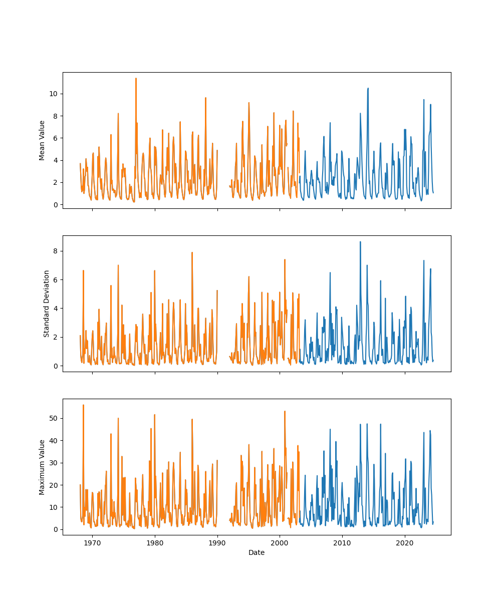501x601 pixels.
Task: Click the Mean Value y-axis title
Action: coord(42,140)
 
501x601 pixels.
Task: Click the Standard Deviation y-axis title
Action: coord(47,304)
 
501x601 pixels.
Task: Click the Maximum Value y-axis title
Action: coord(42,467)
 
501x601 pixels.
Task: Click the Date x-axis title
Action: coord(257,552)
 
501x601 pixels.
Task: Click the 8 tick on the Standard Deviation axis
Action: coord(56,250)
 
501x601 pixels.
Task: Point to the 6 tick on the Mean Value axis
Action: coord(56,138)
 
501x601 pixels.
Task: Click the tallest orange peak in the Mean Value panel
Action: coord(136,78)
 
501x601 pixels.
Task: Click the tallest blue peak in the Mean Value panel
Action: coord(368,88)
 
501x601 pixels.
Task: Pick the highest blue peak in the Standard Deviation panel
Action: coord(360,242)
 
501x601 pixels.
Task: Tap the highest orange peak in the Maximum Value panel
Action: coord(83,405)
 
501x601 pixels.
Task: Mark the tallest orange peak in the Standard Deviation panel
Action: coord(192,252)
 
